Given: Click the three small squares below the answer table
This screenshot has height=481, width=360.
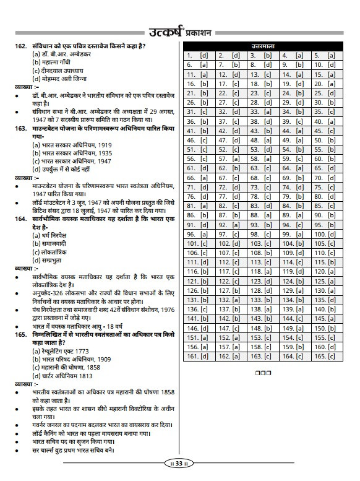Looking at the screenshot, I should [262, 373].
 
